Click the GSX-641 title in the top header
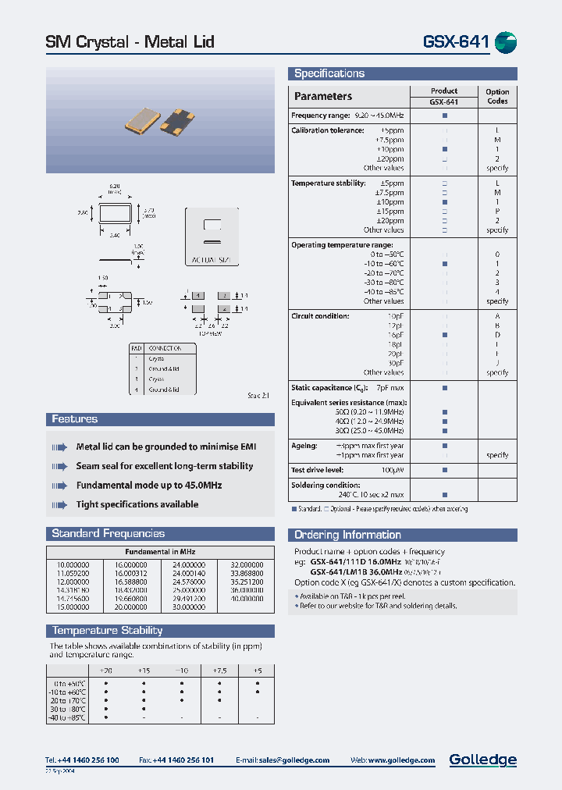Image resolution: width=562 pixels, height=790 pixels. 457,42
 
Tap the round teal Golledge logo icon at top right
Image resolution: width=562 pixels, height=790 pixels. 506,42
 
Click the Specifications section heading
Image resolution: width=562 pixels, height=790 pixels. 329,73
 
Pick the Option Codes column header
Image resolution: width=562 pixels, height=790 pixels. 496,96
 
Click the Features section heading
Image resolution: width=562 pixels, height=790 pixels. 74,419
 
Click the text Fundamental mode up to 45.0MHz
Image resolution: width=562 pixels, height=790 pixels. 148,486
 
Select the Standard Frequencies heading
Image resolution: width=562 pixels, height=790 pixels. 108,534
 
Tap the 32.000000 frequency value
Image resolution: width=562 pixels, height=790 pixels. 246,564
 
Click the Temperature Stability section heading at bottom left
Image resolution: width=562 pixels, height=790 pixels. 107,631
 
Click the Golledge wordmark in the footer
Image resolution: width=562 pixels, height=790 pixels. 482,760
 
